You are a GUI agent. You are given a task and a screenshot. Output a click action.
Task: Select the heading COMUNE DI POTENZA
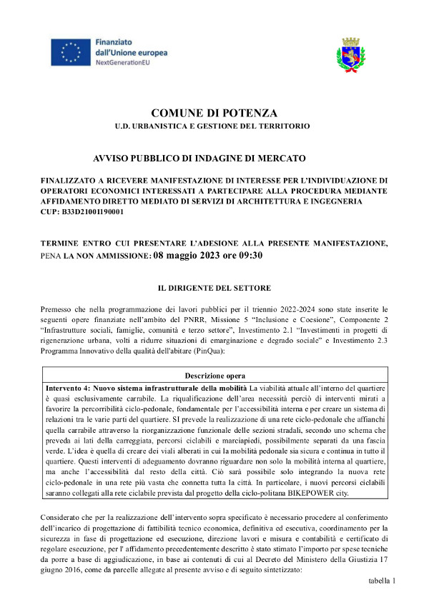[x=214, y=113]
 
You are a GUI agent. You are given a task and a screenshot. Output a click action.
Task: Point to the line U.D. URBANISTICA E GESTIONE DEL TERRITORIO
[x=214, y=126]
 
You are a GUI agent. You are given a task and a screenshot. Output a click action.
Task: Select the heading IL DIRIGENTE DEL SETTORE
[x=214, y=288]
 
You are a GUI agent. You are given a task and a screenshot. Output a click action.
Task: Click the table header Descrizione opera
[x=214, y=376]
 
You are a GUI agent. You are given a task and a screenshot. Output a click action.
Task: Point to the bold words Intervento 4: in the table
[x=66, y=386]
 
